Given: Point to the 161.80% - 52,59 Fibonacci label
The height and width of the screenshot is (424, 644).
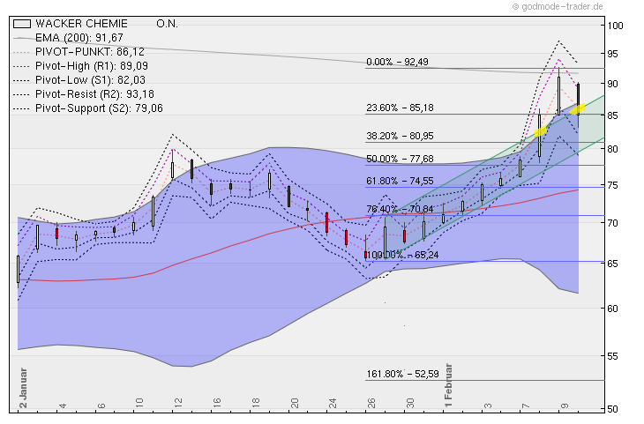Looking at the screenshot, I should coord(402,375).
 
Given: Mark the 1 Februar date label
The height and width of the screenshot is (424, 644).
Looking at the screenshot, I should coord(449,384).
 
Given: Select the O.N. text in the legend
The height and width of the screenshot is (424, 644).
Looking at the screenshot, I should coord(167,23).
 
